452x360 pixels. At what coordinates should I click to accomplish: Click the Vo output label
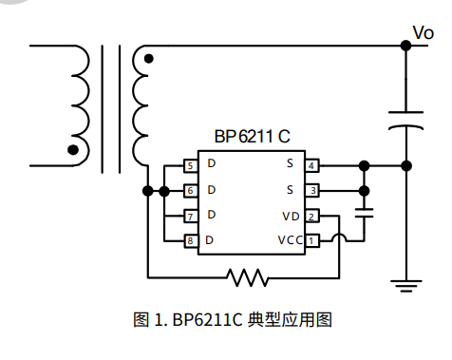[424, 33]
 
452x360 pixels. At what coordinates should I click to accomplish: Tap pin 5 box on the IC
[191, 166]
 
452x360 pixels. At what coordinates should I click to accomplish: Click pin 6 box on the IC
[191, 191]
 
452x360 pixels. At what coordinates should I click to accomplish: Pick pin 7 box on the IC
[191, 216]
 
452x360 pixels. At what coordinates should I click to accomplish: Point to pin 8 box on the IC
[191, 240]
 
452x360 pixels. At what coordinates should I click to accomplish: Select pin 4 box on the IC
[312, 165]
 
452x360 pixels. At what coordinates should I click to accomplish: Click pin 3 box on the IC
[312, 190]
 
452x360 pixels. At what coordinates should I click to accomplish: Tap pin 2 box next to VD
[312, 216]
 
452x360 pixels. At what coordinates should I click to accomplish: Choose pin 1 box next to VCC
[312, 240]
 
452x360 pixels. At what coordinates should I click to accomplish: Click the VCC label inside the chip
[290, 240]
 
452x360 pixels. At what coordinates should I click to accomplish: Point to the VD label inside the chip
[292, 216]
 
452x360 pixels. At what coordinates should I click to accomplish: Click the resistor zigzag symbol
[249, 277]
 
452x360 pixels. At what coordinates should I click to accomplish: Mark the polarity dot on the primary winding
[73, 149]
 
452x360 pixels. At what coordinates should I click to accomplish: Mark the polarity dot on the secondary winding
[147, 59]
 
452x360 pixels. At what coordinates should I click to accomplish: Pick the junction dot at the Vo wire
[406, 44]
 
